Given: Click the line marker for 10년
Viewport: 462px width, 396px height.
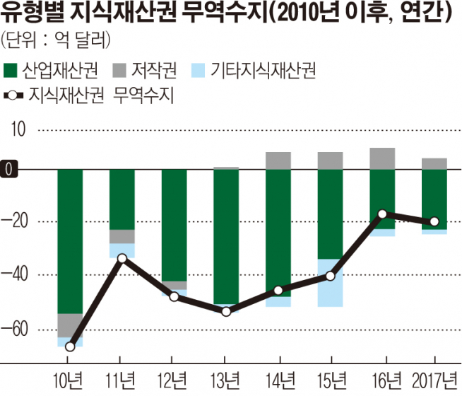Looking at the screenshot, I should tap(70, 346).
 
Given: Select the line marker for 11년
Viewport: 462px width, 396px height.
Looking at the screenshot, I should tap(122, 258).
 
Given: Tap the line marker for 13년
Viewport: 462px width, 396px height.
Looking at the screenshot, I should tap(226, 311).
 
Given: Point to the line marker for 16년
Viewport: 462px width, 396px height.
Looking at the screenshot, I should tap(382, 214).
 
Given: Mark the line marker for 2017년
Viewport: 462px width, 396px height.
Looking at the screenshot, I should tap(434, 221).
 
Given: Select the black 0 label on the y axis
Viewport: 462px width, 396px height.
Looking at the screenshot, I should tap(10, 170).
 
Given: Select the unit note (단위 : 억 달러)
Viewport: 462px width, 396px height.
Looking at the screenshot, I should tap(56, 37).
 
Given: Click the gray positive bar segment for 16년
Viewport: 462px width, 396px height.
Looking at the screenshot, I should tap(382, 158).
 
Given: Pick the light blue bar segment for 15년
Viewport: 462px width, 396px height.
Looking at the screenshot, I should tap(330, 283).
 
